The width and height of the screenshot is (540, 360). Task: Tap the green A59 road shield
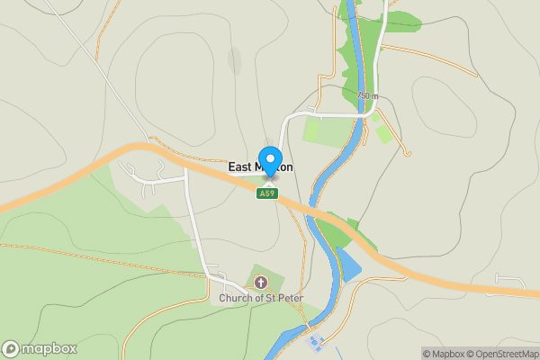(266, 193)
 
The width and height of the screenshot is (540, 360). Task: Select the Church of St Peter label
(261, 298)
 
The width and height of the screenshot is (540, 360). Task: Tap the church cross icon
(262, 283)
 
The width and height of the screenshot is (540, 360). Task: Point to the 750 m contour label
(367, 95)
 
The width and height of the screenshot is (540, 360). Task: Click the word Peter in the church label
(290, 298)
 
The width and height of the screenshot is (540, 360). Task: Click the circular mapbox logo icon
(12, 349)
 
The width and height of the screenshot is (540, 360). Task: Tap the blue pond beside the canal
(347, 264)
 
